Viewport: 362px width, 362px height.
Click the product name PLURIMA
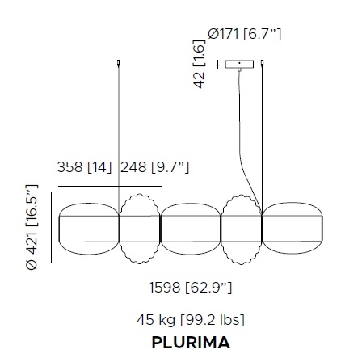pyautogui.click(x=191, y=341)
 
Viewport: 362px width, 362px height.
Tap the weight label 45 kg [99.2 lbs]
pyautogui.click(x=191, y=319)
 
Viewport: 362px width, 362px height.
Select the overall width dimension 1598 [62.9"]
pyautogui.click(x=191, y=287)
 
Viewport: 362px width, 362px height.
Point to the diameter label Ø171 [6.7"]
pyautogui.click(x=245, y=34)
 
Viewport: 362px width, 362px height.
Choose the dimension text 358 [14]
pyautogui.click(x=86, y=168)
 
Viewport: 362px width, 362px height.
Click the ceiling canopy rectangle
pyautogui.click(x=240, y=64)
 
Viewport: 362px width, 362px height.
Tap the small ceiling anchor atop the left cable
pyautogui.click(x=120, y=63)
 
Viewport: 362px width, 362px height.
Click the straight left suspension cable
pyautogui.click(x=120, y=129)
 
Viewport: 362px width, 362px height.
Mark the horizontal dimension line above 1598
pyautogui.click(x=191, y=271)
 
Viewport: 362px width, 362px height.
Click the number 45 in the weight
pyautogui.click(x=147, y=319)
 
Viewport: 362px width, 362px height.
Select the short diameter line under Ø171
pyautogui.click(x=238, y=53)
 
